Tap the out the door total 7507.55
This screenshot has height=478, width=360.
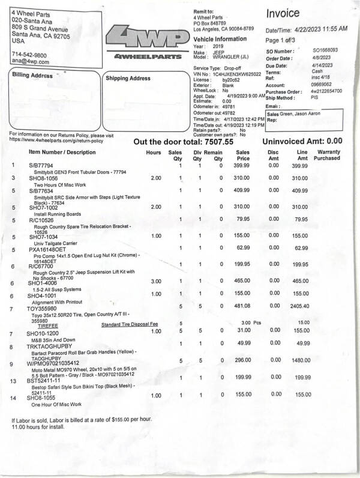coord(182,142)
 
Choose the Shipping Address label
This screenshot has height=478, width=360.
coord(128,78)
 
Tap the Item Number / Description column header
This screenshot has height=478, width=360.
coord(64,153)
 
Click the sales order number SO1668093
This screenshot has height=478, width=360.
coord(325,51)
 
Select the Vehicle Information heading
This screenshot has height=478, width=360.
coord(220,39)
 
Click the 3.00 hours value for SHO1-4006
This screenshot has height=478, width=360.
coord(155,280)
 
